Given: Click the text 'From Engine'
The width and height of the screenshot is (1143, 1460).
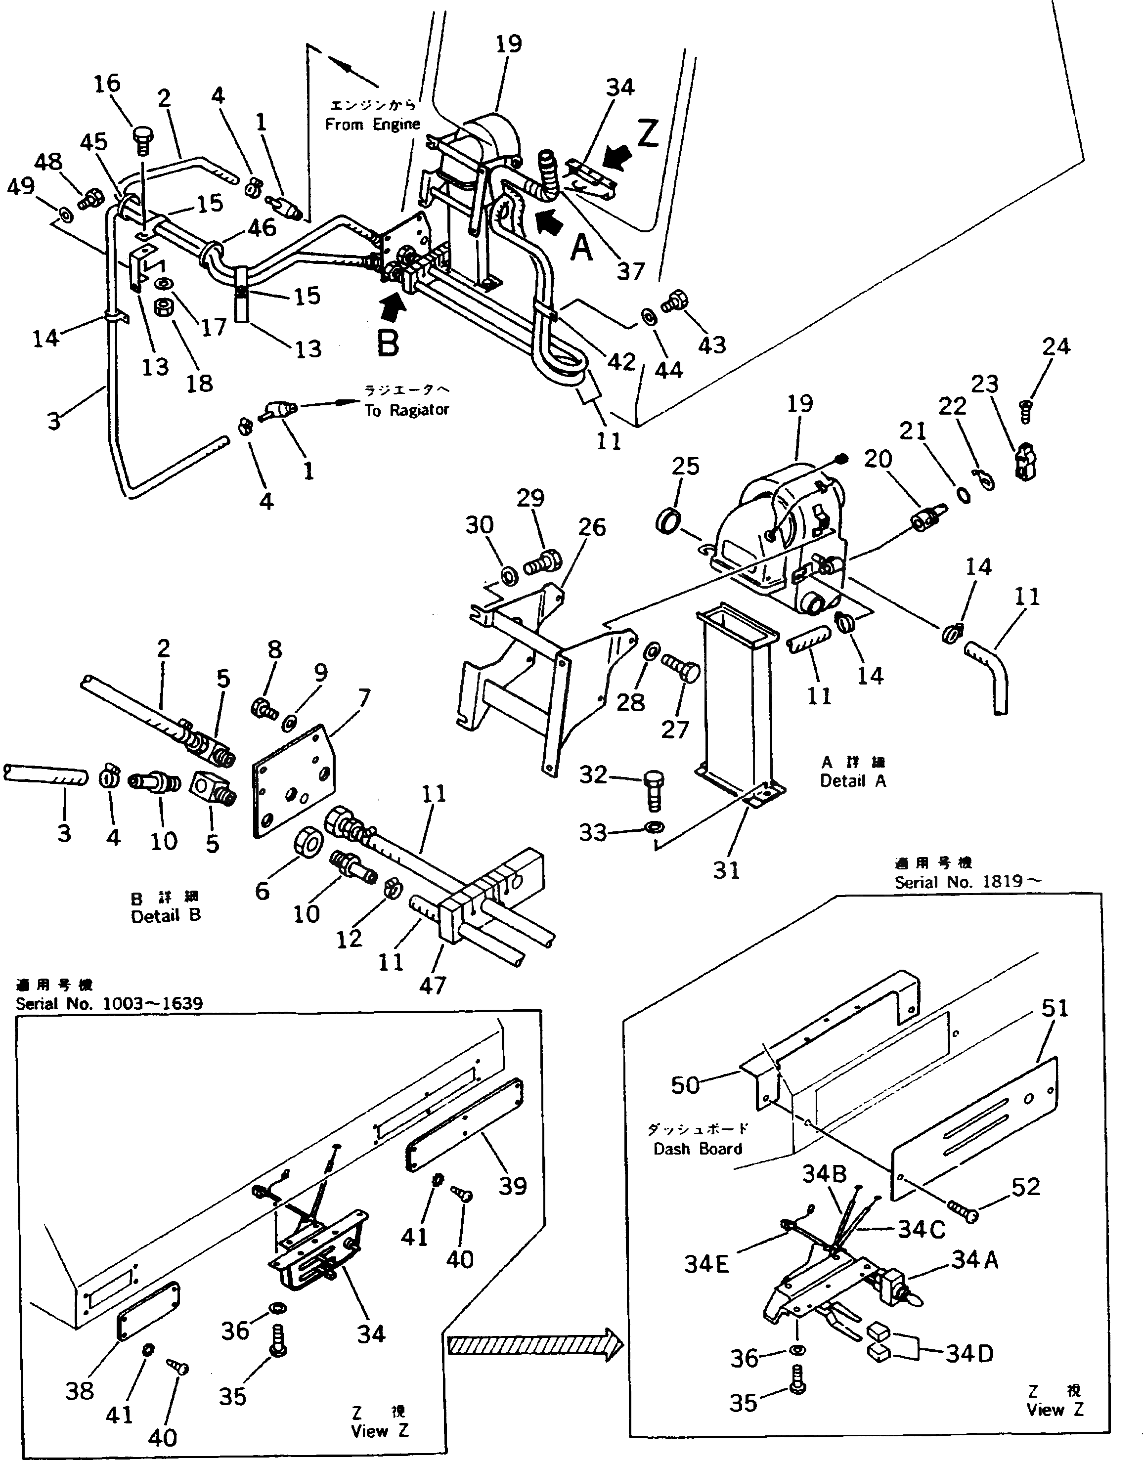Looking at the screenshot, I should [x=373, y=124].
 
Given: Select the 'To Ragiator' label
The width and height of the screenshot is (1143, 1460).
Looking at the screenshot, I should [x=407, y=410].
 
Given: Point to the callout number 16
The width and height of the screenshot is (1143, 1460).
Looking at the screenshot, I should [x=107, y=84].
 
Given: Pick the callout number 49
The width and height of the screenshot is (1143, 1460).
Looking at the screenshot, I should [x=20, y=186].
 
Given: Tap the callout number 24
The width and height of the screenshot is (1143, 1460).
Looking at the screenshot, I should [x=1056, y=346].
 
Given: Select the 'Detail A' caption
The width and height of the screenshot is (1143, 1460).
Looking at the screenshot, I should [x=853, y=781].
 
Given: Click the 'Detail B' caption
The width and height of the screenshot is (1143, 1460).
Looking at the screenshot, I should [x=166, y=915].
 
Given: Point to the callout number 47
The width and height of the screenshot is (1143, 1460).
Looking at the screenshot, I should [x=432, y=985].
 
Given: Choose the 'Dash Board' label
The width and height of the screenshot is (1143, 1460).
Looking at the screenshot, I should [x=698, y=1149].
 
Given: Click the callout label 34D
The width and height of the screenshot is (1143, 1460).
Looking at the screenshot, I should [x=969, y=1354].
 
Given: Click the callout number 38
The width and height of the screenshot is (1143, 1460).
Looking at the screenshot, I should [x=80, y=1391].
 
